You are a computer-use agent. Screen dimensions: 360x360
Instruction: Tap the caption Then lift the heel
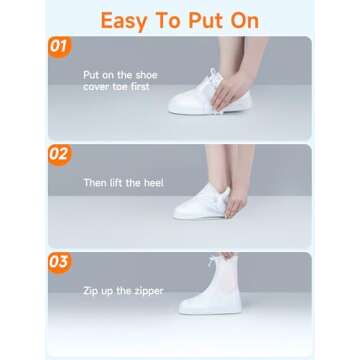tap(123, 183)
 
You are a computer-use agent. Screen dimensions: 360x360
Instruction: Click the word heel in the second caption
tap(150, 183)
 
